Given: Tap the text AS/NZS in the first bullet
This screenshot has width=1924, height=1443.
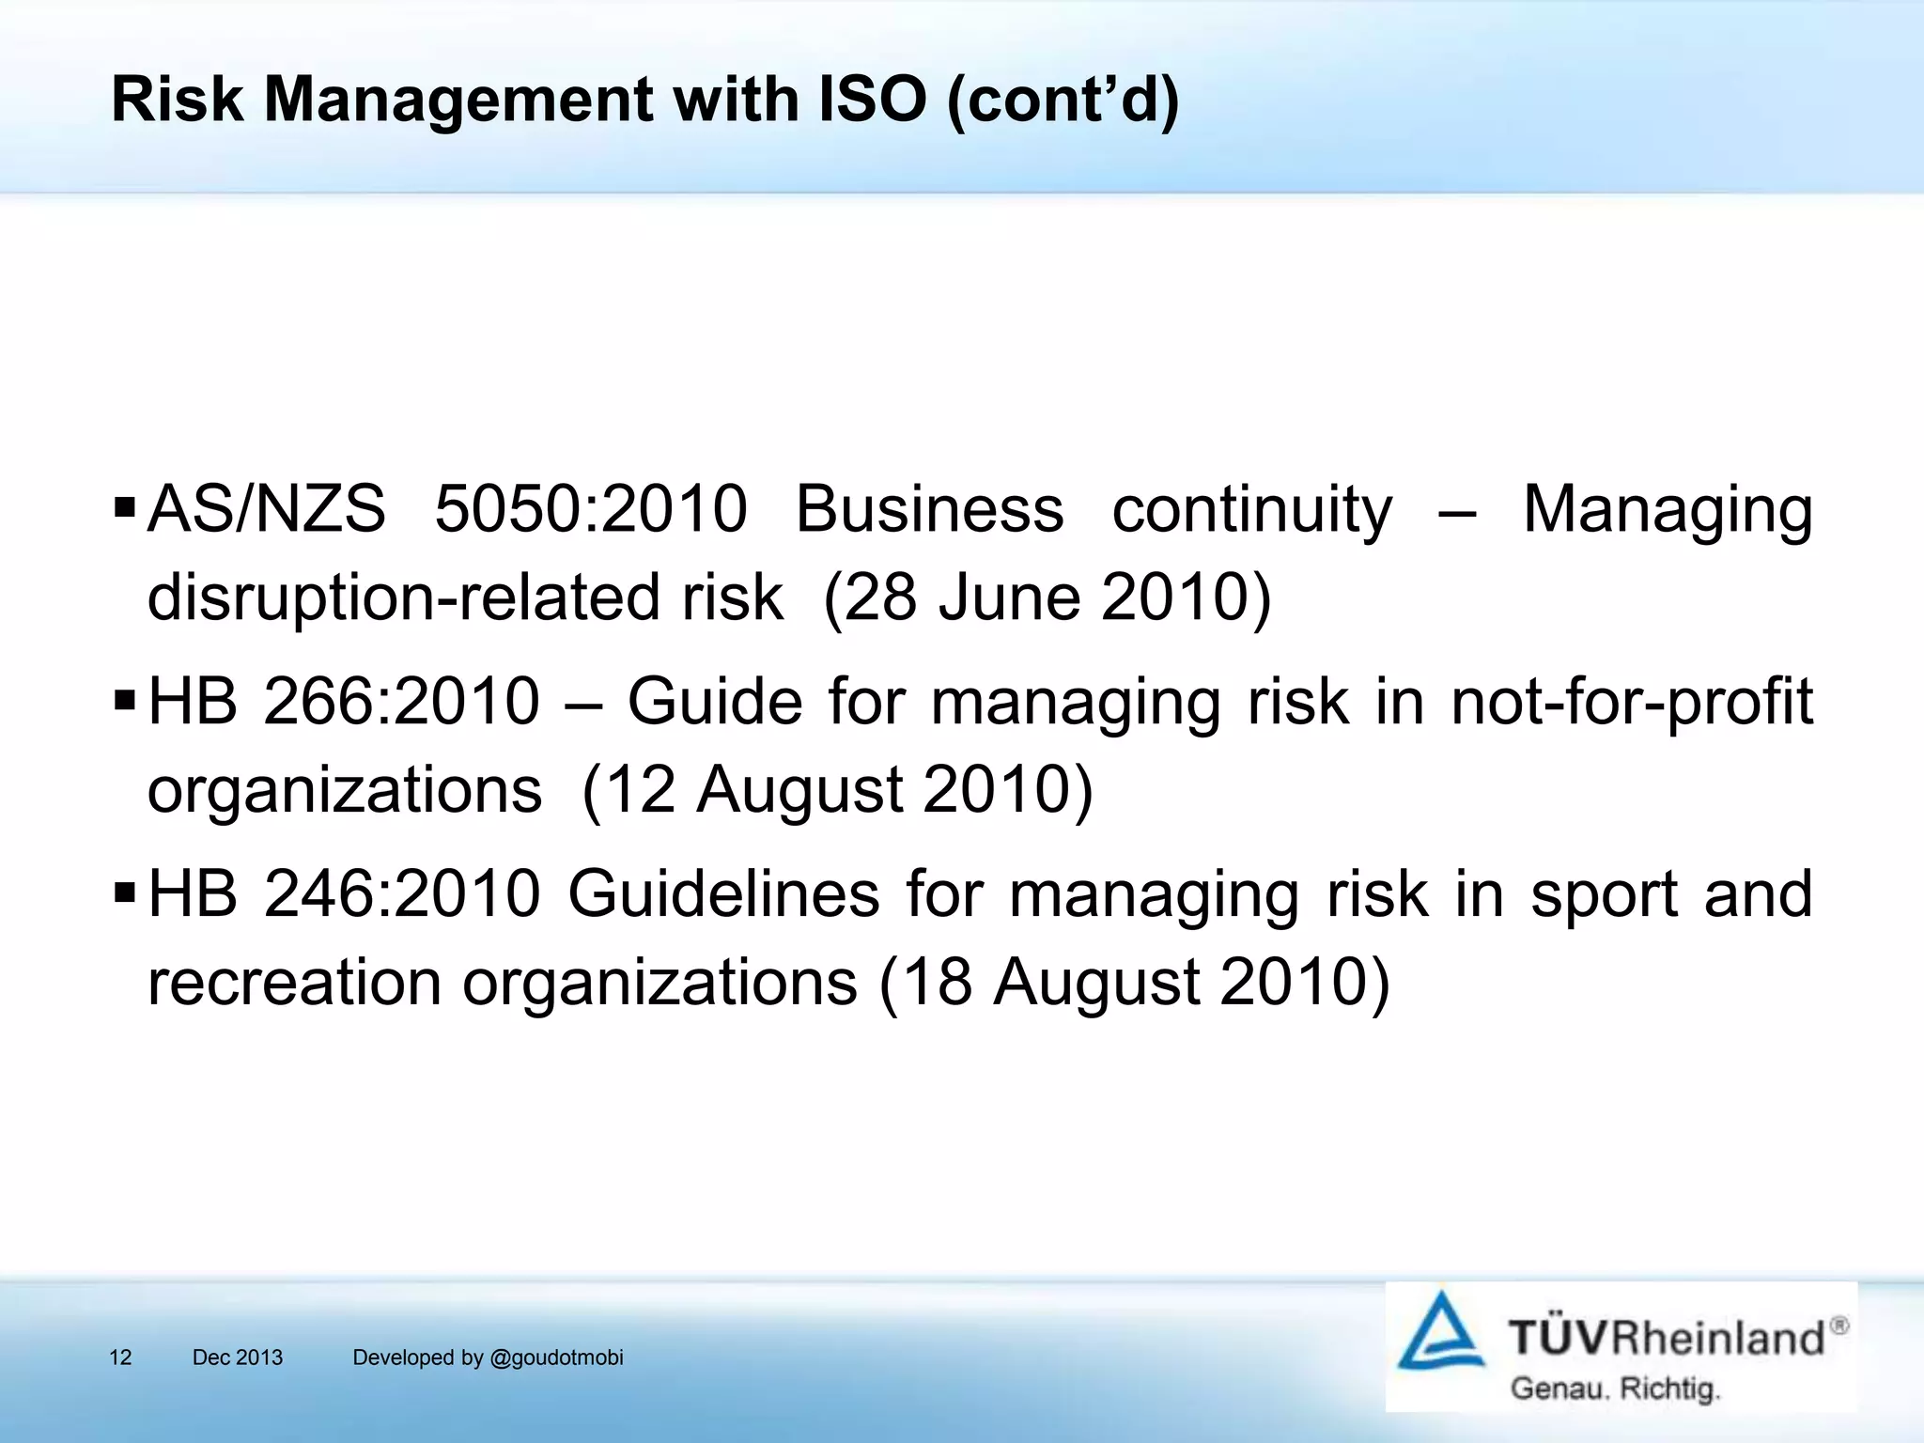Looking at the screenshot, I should click(267, 509).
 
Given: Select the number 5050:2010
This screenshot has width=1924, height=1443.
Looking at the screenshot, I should click(591, 509).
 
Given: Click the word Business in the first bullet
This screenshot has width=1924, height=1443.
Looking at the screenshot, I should click(929, 509).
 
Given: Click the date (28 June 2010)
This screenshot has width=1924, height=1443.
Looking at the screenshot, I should click(1047, 597).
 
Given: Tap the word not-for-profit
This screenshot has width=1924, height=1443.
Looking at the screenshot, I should click(1631, 703).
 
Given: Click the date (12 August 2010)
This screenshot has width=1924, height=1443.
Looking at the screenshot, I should click(837, 790).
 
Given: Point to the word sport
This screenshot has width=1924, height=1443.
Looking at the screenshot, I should click(1603, 895).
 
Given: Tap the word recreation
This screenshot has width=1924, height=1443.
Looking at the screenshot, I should click(294, 983).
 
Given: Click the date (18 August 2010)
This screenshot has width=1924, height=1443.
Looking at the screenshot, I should click(1134, 983).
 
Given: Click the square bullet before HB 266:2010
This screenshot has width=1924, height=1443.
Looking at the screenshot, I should click(124, 702).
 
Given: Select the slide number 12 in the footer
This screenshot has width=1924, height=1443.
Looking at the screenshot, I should click(120, 1358).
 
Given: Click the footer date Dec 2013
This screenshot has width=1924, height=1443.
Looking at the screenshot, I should click(238, 1358).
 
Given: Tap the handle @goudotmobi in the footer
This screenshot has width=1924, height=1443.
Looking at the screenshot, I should click(556, 1358).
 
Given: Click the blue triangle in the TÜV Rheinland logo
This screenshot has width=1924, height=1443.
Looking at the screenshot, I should click(1440, 1333).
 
